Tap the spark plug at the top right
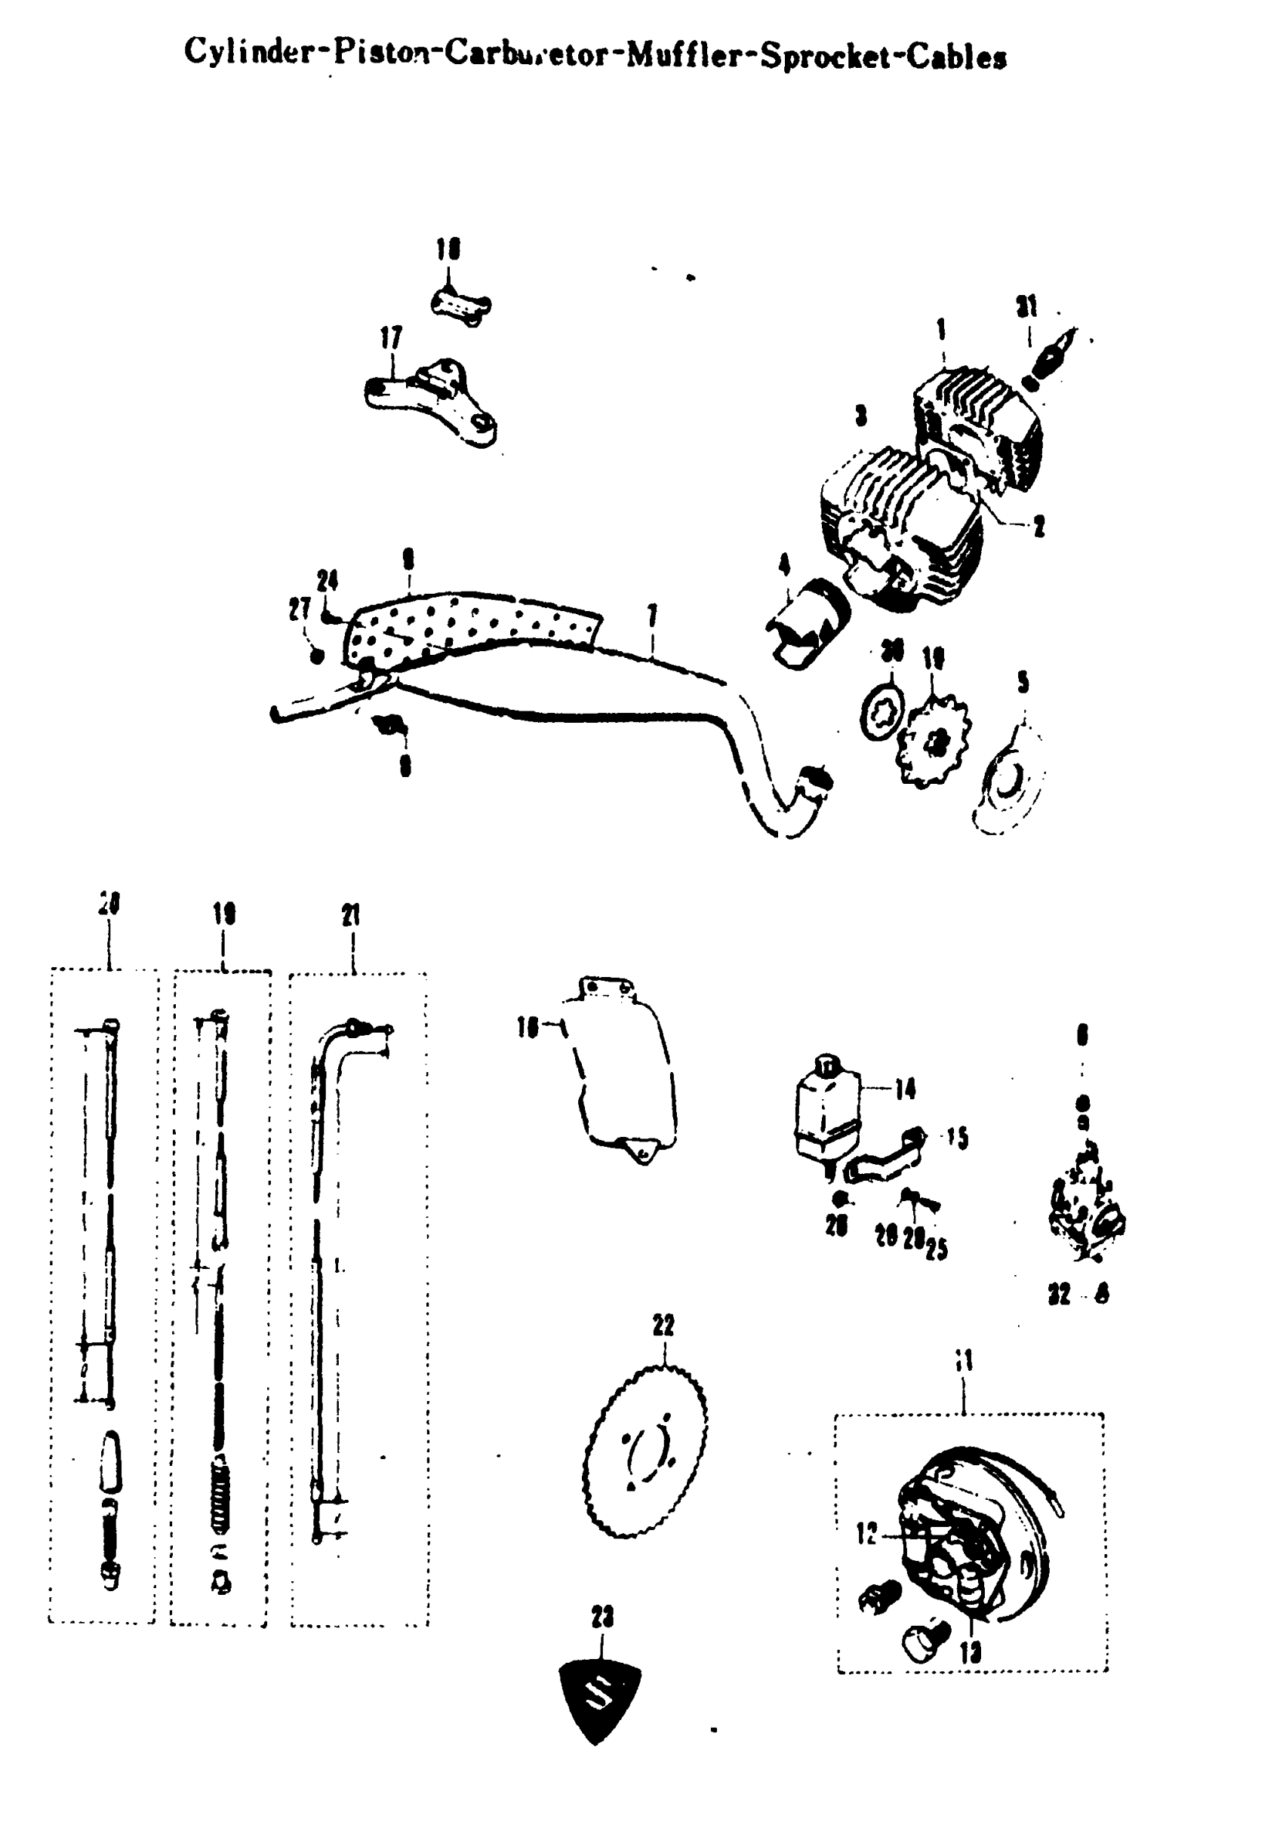1050,356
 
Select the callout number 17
391,339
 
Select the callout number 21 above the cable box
351,916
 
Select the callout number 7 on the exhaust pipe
653,616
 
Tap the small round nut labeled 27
317,656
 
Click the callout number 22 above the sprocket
663,1326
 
